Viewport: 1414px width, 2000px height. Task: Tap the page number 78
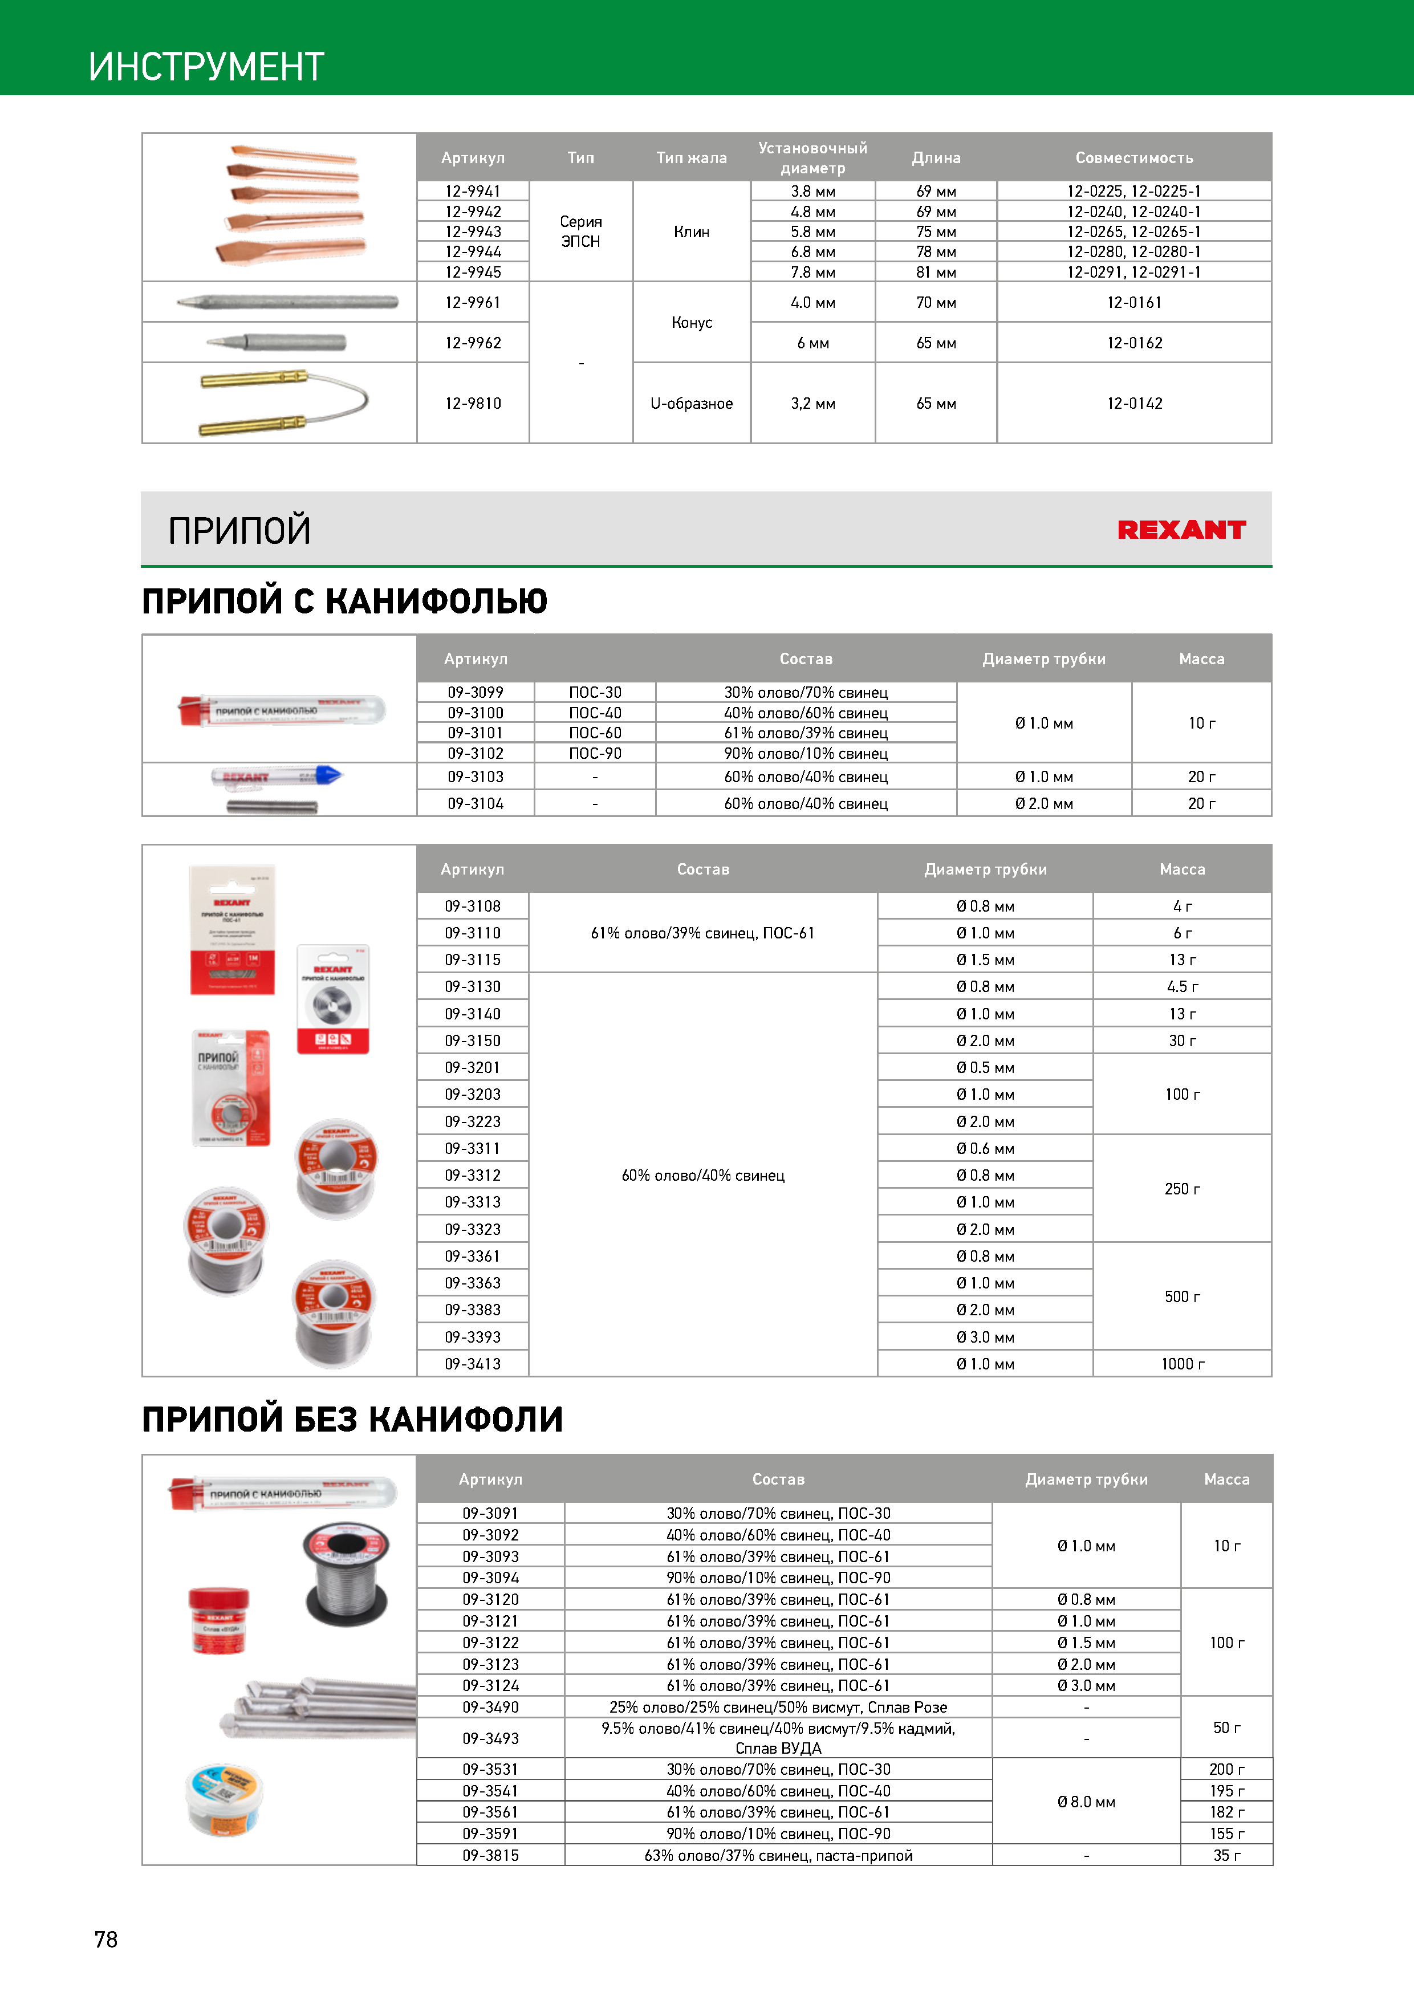(x=105, y=1939)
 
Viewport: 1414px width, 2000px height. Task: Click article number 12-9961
(x=473, y=302)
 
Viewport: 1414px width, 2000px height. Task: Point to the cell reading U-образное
(x=691, y=403)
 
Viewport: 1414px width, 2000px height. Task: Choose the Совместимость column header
(x=1133, y=158)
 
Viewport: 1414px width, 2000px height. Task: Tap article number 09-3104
(x=476, y=803)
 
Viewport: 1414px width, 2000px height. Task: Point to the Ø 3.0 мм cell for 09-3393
(x=985, y=1337)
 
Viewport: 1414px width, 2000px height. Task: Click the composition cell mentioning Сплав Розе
(x=778, y=1708)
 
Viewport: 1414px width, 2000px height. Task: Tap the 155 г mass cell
(x=1226, y=1834)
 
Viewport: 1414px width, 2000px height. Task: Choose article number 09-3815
(x=490, y=1855)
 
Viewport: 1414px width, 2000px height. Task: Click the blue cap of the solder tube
(x=330, y=775)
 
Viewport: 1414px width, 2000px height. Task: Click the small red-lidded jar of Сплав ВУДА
(x=219, y=1619)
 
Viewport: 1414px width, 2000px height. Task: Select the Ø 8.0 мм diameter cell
(x=1086, y=1802)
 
